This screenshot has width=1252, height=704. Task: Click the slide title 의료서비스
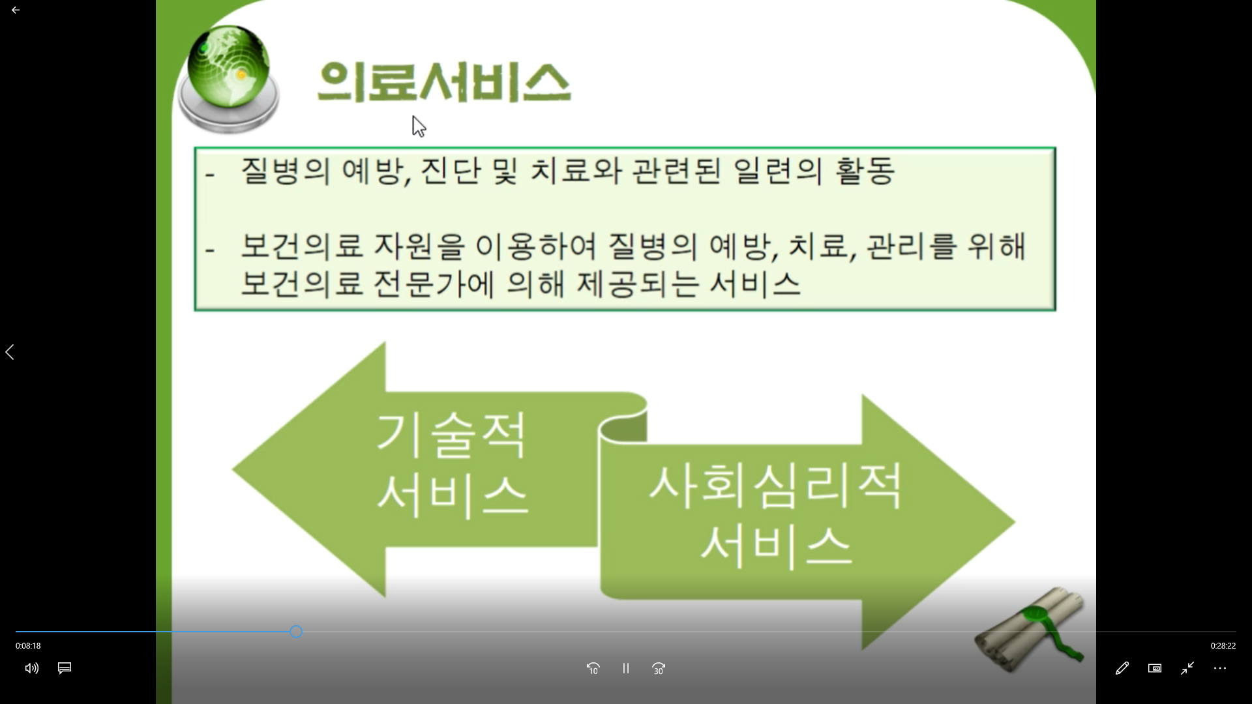444,82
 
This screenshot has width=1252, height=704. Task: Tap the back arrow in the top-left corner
16,10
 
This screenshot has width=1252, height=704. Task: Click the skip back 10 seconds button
593,668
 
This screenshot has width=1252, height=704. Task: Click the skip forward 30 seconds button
659,668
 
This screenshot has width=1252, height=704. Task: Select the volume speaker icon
32,668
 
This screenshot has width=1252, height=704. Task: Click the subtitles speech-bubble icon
65,668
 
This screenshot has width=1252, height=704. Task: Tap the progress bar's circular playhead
296,632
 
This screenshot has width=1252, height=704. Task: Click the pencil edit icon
1122,668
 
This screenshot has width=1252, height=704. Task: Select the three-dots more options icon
1220,668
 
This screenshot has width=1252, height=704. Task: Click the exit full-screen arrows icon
1187,668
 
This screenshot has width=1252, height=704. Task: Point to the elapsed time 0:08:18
28,646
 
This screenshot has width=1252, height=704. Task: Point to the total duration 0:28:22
1223,646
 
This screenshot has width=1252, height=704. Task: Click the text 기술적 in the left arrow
451,435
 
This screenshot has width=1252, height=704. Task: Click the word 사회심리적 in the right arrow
775,486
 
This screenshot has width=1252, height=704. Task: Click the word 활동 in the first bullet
865,171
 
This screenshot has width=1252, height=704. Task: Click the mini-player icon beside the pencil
1155,668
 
